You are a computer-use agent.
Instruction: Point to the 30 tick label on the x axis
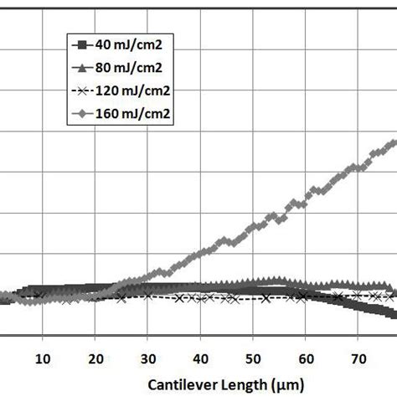coord(148,358)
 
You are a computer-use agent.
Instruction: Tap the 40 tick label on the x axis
coord(201,358)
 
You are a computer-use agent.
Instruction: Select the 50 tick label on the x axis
coord(253,358)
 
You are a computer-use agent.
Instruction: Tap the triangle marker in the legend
coord(82,66)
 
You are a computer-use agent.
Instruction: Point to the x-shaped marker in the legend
coord(82,90)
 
